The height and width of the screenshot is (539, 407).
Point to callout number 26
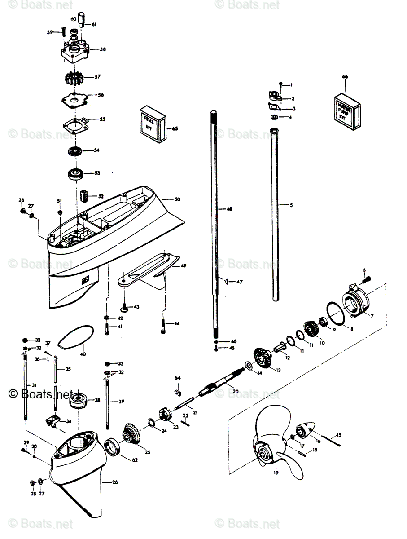pos(115,482)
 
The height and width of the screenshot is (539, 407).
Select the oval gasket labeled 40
pos(76,336)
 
